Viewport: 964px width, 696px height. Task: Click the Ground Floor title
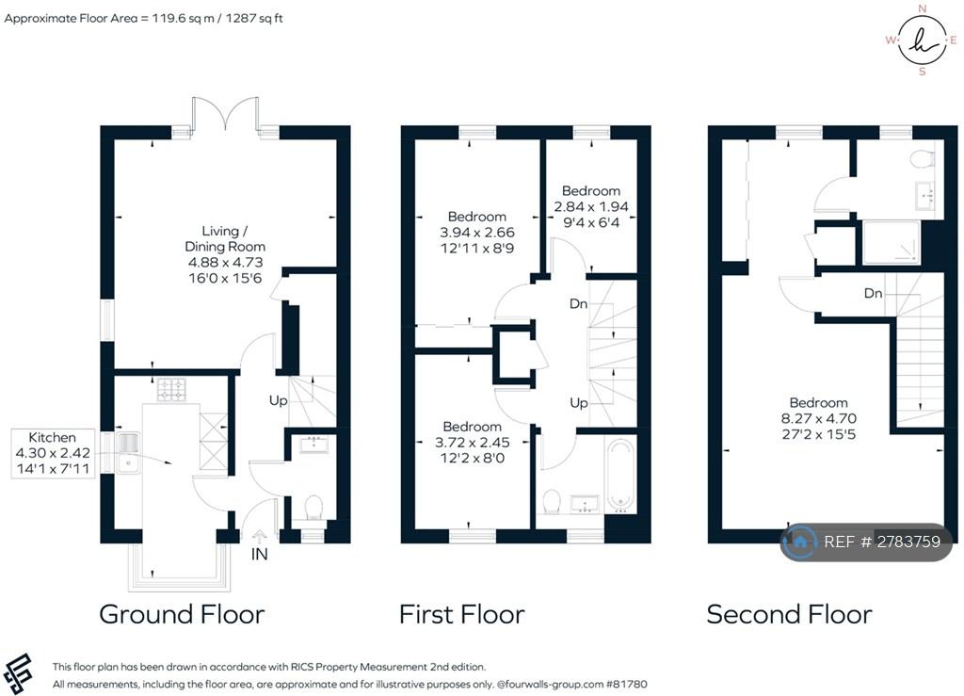click(x=182, y=614)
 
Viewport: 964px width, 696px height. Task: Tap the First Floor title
click(x=461, y=614)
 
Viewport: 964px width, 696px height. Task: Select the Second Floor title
click(x=790, y=614)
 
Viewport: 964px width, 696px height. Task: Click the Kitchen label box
click(x=53, y=453)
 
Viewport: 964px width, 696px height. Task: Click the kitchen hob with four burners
click(x=171, y=389)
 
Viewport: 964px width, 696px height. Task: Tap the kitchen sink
click(x=128, y=452)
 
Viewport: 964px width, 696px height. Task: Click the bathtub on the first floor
click(x=620, y=475)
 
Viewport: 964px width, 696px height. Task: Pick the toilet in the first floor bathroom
click(x=552, y=501)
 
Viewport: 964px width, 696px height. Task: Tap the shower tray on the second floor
click(x=892, y=243)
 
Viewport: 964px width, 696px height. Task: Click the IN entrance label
click(x=260, y=554)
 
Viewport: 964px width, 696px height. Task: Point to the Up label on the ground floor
click(x=278, y=401)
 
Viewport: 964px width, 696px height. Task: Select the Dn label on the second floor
click(x=873, y=293)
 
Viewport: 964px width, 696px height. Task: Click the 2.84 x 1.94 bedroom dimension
click(x=591, y=206)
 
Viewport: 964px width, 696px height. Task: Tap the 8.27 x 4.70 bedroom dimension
click(x=818, y=418)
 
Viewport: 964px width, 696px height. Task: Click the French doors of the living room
click(x=225, y=114)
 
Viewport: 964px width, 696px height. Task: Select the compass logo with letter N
click(x=922, y=40)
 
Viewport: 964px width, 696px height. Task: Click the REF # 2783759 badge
click(x=866, y=542)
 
